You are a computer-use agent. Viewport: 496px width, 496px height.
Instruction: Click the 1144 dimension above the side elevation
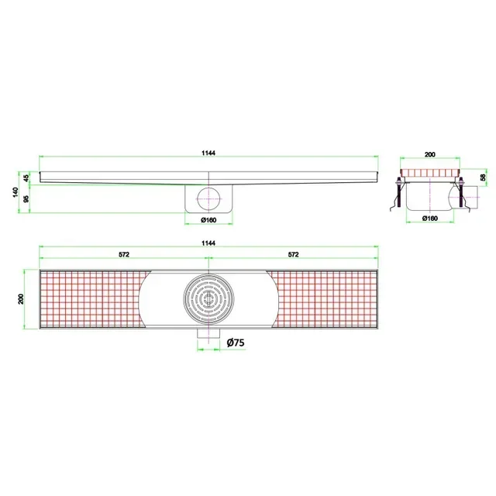[x=208, y=153]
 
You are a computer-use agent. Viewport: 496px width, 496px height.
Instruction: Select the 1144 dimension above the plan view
[x=208, y=243]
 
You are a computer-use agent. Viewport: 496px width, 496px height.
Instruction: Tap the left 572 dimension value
[x=123, y=254]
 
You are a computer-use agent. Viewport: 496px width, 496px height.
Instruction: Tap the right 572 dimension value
[x=294, y=254]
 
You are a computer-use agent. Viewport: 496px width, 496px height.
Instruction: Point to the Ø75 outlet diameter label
[x=237, y=342]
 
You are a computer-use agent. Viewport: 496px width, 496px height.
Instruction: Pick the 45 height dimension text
[x=29, y=178]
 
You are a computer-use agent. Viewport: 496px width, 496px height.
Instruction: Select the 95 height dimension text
[x=29, y=199]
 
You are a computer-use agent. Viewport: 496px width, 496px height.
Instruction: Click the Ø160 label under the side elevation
[x=208, y=219]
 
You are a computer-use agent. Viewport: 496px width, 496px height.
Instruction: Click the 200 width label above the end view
[x=431, y=154]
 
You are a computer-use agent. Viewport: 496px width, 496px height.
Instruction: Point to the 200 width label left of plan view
[x=22, y=298]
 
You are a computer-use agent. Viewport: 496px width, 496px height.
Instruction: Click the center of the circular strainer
[x=208, y=300]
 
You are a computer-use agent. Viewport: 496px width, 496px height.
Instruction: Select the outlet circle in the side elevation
[x=208, y=198]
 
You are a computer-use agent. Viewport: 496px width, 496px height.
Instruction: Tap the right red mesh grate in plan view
[x=325, y=298]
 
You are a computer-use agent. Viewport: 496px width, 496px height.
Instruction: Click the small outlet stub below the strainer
[x=208, y=335]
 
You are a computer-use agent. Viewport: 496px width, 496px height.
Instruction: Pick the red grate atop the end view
[x=431, y=173]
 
